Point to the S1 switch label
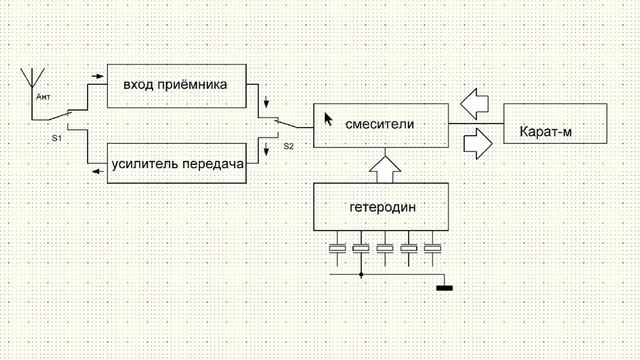57,137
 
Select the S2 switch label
289,146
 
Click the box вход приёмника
175,85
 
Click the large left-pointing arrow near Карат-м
476,100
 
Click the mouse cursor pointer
328,118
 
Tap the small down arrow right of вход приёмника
266,103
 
